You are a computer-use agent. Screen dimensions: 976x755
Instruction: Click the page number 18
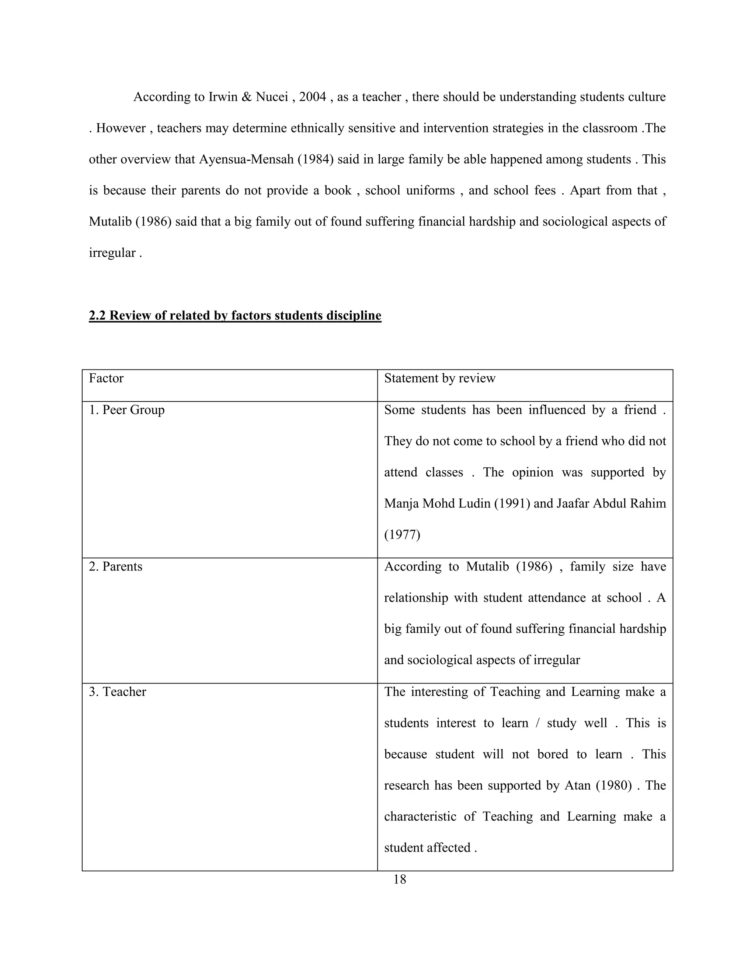[399, 880]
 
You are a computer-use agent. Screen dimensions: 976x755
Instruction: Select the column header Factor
[106, 379]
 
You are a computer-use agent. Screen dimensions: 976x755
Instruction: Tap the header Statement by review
[440, 379]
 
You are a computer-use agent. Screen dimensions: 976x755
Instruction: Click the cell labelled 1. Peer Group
[126, 410]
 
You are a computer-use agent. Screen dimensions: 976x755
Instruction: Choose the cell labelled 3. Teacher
[117, 691]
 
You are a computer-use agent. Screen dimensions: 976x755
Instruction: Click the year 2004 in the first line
[313, 97]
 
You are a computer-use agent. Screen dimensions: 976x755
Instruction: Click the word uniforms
[430, 191]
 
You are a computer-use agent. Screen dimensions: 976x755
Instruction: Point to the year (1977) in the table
[402, 535]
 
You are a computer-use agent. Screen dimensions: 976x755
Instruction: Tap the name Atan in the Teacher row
[577, 785]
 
